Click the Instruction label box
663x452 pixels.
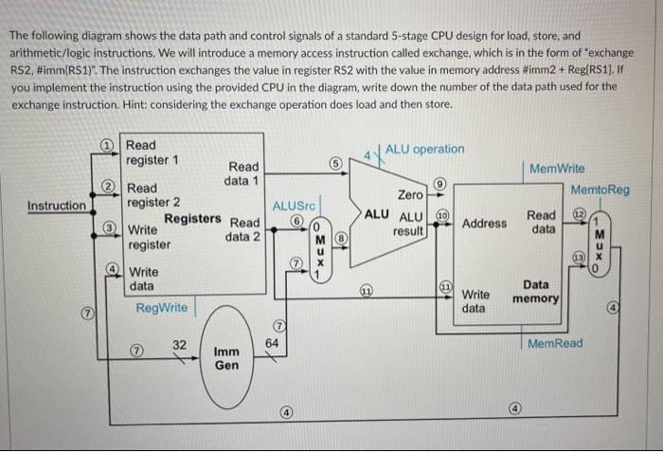tap(56, 206)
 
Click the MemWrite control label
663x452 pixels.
tap(557, 169)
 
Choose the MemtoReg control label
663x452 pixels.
tap(600, 190)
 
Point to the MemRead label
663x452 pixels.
tap(556, 343)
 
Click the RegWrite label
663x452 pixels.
tap(161, 308)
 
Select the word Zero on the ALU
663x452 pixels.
tap(410, 194)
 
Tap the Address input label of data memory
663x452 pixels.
tap(485, 224)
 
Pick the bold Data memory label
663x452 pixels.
tap(536, 291)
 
